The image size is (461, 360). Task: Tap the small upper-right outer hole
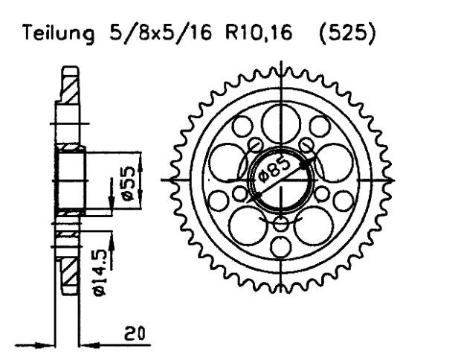tap(319, 126)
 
